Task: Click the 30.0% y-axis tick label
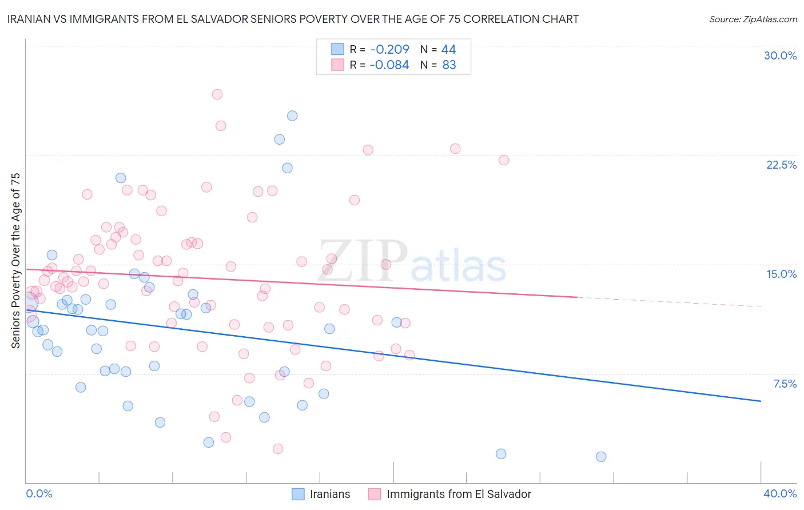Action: click(x=780, y=55)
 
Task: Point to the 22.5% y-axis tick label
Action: click(x=781, y=165)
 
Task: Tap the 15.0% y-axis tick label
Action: click(x=781, y=274)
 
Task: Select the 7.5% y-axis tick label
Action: click(x=785, y=384)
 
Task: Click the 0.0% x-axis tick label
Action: click(x=39, y=493)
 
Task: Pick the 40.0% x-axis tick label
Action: click(x=779, y=493)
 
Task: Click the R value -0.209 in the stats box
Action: click(x=389, y=49)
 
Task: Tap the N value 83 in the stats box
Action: click(x=449, y=65)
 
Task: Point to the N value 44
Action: click(x=448, y=49)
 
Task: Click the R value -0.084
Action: click(x=389, y=65)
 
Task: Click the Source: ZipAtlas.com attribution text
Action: click(x=753, y=19)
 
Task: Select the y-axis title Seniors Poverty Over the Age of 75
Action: click(x=16, y=260)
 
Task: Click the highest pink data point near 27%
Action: click(x=217, y=94)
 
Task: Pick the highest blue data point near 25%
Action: click(x=292, y=115)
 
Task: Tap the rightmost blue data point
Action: click(x=601, y=456)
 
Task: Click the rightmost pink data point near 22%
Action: click(x=504, y=160)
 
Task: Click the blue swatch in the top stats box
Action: click(x=338, y=49)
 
